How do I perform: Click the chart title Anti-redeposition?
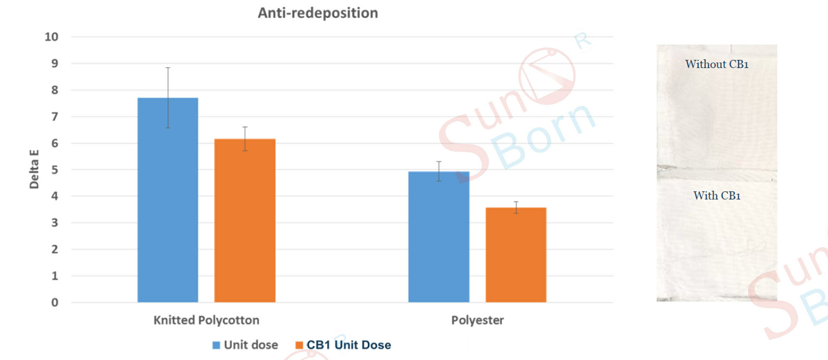click(x=318, y=13)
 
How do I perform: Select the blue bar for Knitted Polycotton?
click(x=168, y=200)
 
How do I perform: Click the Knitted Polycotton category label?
click(x=206, y=321)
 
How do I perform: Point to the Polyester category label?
click(x=477, y=321)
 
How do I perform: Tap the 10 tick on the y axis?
click(x=52, y=37)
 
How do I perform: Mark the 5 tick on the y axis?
click(x=55, y=170)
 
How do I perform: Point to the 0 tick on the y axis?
click(x=55, y=302)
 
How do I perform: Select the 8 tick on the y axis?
click(x=55, y=90)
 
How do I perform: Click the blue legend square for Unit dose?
click(x=217, y=345)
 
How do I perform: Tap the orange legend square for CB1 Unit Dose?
click(x=299, y=345)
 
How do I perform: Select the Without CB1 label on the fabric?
click(x=717, y=64)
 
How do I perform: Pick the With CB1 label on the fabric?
click(x=717, y=196)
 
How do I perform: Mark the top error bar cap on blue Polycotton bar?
click(x=168, y=68)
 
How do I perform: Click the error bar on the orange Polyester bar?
click(x=516, y=207)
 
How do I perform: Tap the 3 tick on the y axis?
click(x=55, y=223)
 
